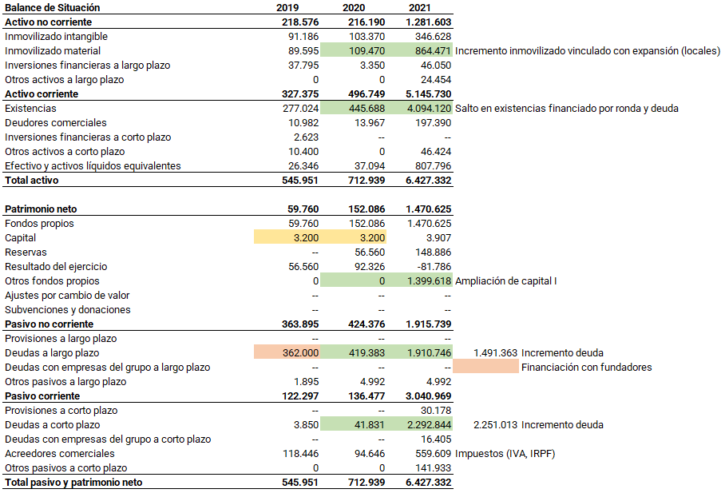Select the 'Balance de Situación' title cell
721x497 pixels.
point(53,8)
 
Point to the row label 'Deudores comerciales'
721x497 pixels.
point(56,123)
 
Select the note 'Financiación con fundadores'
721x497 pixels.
point(587,368)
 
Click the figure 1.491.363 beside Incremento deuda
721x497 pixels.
point(495,353)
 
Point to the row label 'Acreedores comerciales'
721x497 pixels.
point(60,454)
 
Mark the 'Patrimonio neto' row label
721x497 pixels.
point(41,209)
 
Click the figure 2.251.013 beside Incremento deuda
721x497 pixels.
point(495,425)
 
